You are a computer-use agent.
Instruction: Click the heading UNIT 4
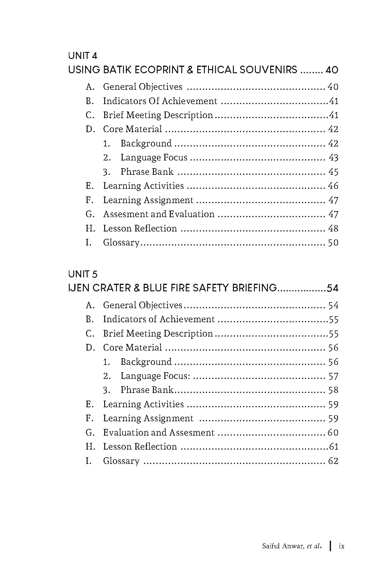click(x=83, y=56)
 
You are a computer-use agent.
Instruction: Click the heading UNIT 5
click(x=83, y=274)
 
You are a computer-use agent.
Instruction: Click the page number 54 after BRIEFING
click(x=332, y=288)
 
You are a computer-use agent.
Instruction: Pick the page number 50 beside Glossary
click(x=333, y=243)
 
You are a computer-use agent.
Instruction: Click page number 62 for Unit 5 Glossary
click(x=333, y=461)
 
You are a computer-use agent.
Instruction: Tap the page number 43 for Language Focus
click(x=333, y=158)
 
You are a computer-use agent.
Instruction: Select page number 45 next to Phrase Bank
click(x=333, y=172)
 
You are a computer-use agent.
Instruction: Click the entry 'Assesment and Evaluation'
click(x=159, y=214)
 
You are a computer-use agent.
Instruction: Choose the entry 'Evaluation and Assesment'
click(x=159, y=432)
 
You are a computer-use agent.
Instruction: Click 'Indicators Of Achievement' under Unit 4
click(x=160, y=101)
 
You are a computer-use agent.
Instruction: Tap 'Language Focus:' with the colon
click(x=155, y=376)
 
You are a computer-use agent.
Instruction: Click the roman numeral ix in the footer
click(x=342, y=546)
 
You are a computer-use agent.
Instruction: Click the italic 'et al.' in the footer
click(x=314, y=546)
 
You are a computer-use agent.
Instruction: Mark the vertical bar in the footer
click(x=330, y=546)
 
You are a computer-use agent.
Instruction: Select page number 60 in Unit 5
click(x=333, y=432)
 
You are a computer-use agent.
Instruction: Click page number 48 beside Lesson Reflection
click(x=333, y=228)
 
